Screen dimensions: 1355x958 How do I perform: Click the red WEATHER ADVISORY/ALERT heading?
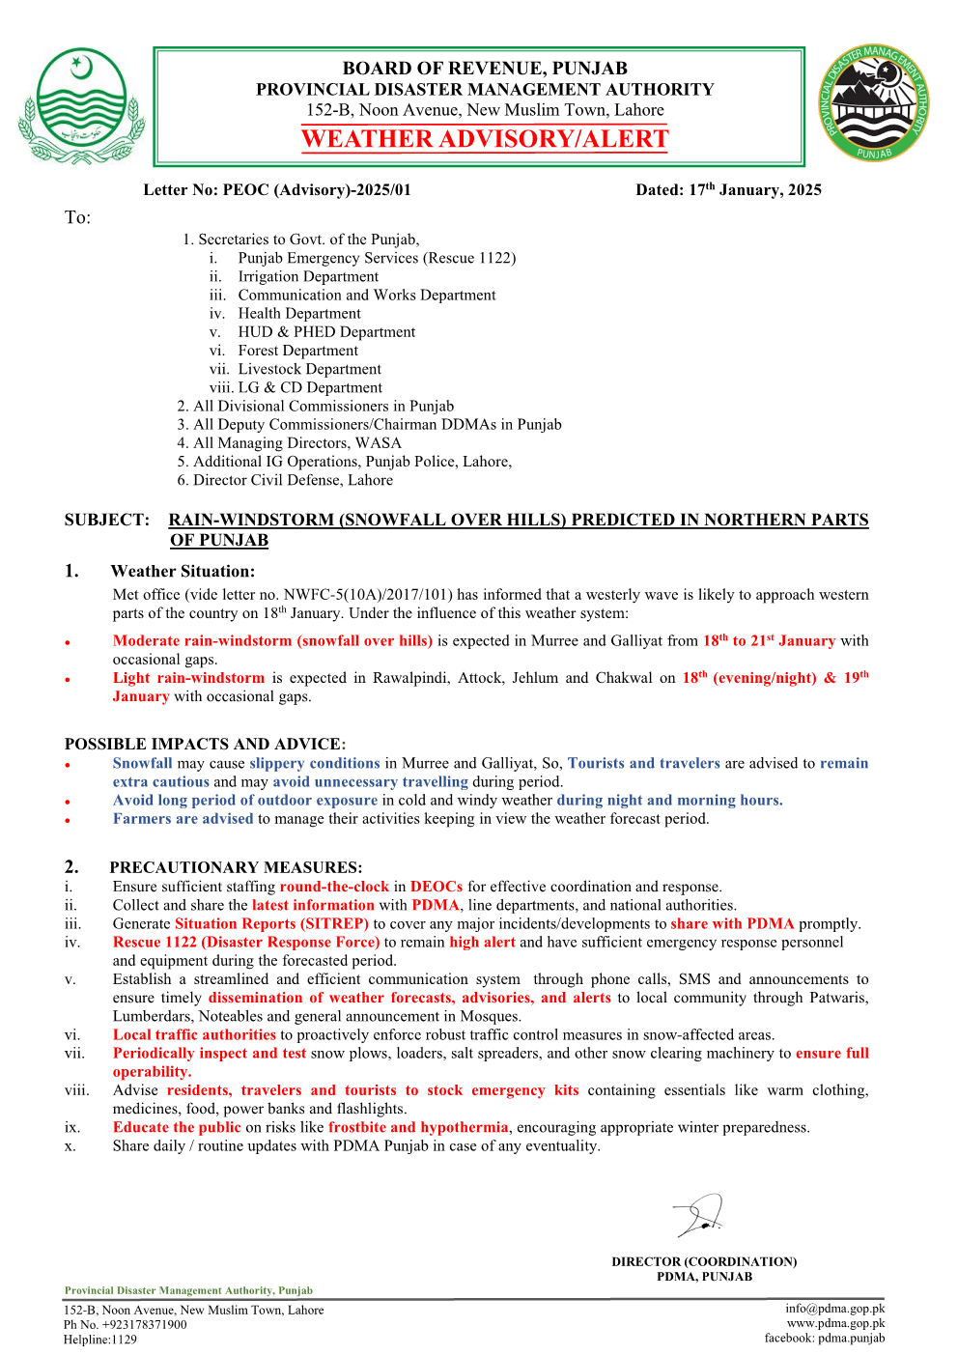click(485, 139)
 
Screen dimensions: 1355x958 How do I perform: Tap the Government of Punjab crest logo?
click(81, 106)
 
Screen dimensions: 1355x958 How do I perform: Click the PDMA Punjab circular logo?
click(874, 103)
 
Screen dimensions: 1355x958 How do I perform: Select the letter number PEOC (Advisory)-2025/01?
click(277, 190)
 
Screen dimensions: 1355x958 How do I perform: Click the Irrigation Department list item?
click(308, 277)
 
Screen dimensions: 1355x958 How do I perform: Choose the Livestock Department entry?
click(309, 369)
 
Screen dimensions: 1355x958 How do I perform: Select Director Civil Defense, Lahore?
click(293, 480)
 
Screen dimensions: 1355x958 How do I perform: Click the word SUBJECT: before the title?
click(107, 521)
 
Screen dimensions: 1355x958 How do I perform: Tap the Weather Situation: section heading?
click(183, 572)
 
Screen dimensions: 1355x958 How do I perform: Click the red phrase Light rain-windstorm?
click(188, 678)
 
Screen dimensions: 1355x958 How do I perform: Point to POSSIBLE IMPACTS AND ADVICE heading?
click(205, 745)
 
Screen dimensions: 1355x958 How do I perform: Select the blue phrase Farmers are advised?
click(183, 819)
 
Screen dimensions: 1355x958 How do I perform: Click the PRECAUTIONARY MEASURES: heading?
click(236, 867)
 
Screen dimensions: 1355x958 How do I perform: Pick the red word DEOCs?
click(436, 887)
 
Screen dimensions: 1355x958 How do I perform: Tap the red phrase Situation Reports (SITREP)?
click(271, 923)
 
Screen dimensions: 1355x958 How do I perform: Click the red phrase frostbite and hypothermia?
click(418, 1127)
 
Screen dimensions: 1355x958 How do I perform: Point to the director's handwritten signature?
click(700, 1215)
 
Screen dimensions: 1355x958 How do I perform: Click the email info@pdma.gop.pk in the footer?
click(834, 1309)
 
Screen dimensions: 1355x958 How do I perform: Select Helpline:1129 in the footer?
click(100, 1340)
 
